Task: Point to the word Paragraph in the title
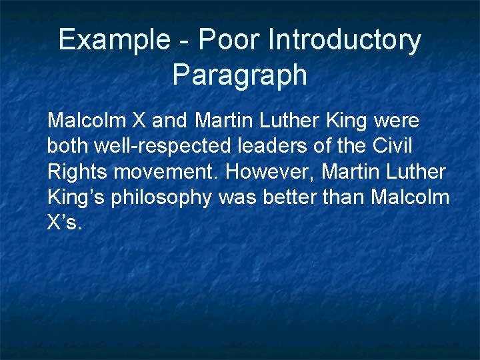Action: point(240,75)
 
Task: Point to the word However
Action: point(271,172)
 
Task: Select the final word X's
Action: point(64,223)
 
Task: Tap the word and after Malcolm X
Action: point(171,121)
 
